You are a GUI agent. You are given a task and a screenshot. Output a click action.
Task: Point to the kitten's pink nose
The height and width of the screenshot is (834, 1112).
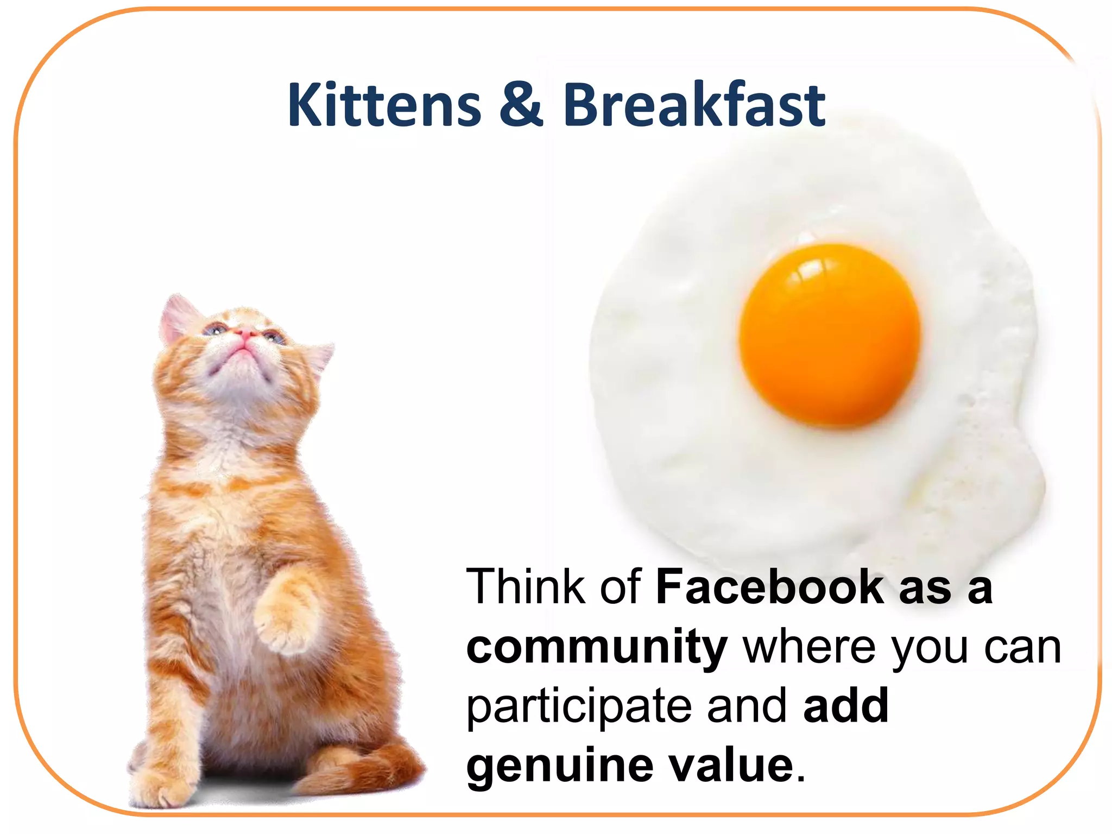tap(245, 332)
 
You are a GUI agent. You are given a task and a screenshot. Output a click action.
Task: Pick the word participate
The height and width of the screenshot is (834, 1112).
tap(578, 708)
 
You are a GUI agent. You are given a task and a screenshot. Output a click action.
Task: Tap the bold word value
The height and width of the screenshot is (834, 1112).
tap(731, 766)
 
